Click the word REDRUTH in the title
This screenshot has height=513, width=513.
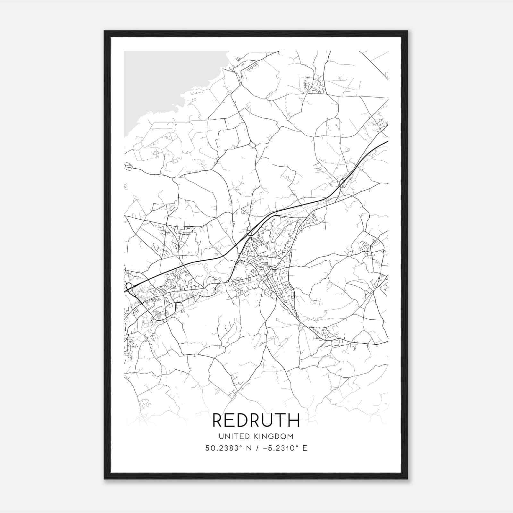(x=256, y=420)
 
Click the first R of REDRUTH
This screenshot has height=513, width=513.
(x=217, y=420)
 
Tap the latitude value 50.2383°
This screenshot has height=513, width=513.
(x=223, y=448)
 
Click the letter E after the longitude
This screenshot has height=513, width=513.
(x=305, y=448)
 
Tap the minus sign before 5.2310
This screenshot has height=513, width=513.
(x=265, y=448)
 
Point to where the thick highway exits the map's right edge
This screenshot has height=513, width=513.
(x=388, y=141)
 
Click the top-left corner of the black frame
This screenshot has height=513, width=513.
(x=105, y=31)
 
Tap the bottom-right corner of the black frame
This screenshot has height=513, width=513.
(x=407, y=479)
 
